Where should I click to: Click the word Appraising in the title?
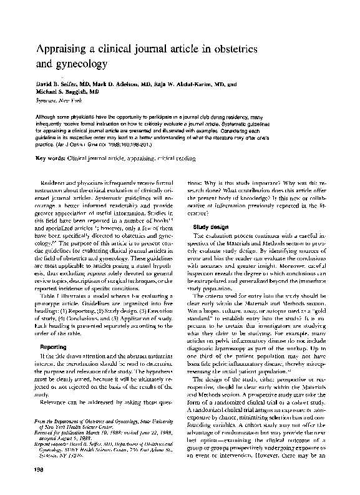click(x=64, y=49)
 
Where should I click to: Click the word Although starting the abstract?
click(x=47, y=116)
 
